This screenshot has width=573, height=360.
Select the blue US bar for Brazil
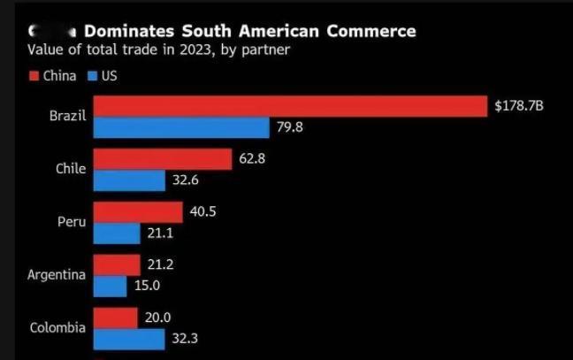coord(181,128)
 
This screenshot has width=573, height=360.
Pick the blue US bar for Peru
coord(117,234)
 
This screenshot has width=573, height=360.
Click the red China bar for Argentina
coord(117,264)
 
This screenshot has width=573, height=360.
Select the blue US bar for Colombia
coord(129,339)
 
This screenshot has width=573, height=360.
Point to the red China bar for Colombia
coord(115,318)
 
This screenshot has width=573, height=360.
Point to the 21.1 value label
coord(160,234)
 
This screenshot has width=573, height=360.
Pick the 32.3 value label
coord(184,339)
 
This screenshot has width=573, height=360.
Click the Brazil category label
coord(68,117)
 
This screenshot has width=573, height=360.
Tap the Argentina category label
coord(57,275)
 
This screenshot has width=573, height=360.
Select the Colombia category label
coord(57,328)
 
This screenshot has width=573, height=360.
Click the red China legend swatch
coord(34,75)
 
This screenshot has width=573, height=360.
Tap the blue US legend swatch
coord(92,75)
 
